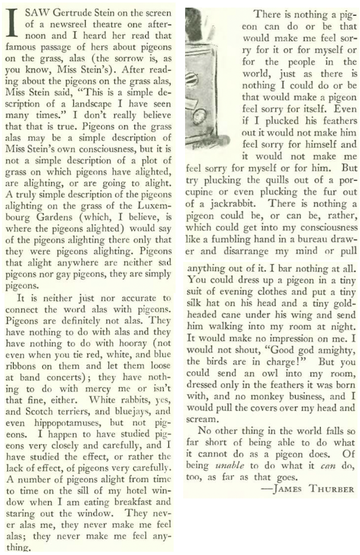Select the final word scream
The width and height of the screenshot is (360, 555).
click(202, 427)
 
